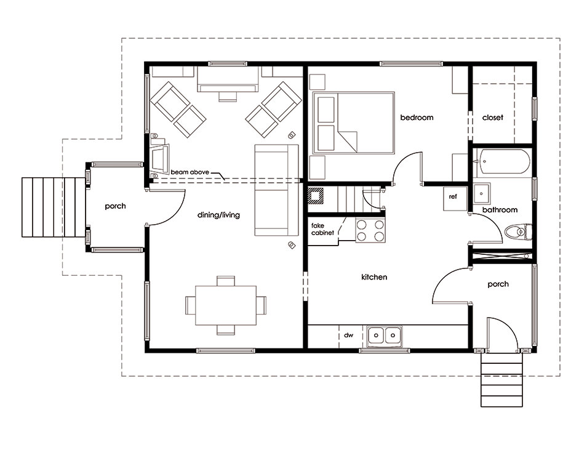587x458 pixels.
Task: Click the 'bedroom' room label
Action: click(x=417, y=118)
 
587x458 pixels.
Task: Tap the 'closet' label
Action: click(x=493, y=118)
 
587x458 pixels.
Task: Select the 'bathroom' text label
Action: click(x=500, y=210)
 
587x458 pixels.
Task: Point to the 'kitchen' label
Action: click(x=374, y=277)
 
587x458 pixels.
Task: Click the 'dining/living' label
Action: click(x=218, y=215)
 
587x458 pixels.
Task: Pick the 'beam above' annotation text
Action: click(x=190, y=172)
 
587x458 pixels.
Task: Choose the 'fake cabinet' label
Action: click(x=322, y=229)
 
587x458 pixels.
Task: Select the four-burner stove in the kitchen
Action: click(x=370, y=230)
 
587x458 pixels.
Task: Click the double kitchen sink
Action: click(x=385, y=335)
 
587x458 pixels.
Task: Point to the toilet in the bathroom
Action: click(x=518, y=232)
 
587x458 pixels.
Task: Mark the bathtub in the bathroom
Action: click(x=501, y=162)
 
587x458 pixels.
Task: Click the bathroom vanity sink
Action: click(x=481, y=194)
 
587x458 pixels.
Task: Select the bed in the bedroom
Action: click(x=353, y=123)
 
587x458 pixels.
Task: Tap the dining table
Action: click(x=226, y=305)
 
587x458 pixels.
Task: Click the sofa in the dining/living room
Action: click(x=277, y=190)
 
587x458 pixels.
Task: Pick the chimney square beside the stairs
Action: click(x=315, y=196)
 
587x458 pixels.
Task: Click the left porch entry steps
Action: click(x=54, y=207)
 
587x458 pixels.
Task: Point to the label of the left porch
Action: click(x=115, y=206)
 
